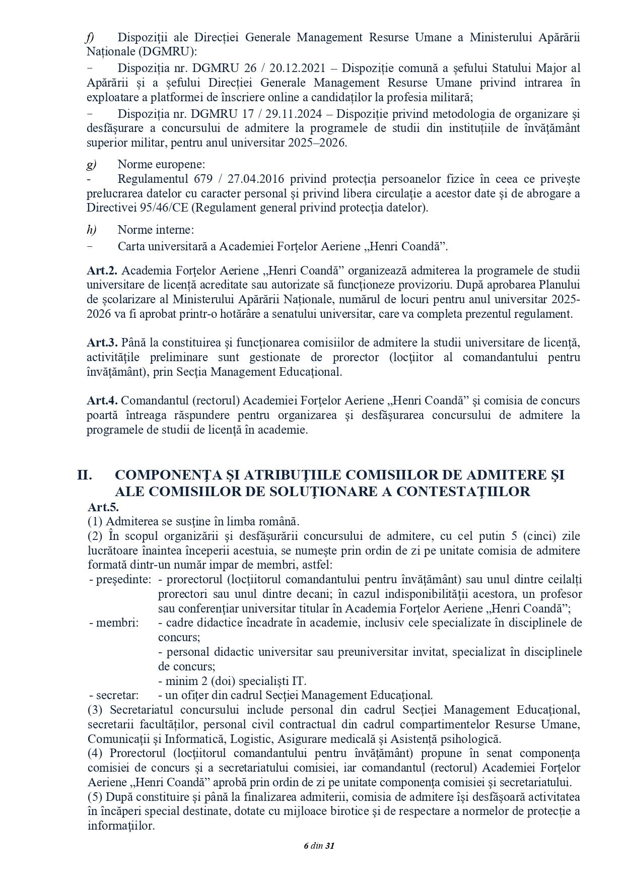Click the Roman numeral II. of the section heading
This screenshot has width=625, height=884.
pos(84,475)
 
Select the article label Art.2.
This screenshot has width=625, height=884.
pos(102,270)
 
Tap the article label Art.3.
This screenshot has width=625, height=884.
pos(102,343)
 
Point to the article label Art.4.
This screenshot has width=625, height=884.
pos(102,401)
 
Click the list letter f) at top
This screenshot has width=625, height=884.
pos(90,37)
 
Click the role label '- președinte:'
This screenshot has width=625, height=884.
pos(120,579)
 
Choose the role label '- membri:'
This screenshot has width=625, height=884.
pos(114,623)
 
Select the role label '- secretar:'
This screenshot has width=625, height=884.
pos(114,695)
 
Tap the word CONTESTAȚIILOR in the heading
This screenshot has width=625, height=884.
pos(463,492)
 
